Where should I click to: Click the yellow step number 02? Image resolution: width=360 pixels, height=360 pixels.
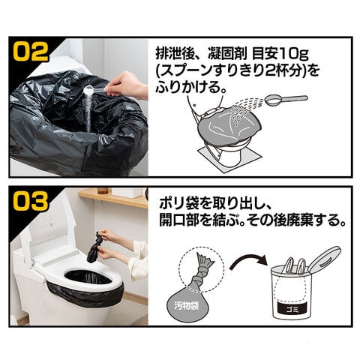[31, 52]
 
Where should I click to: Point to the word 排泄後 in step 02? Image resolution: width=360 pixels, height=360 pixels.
[175, 53]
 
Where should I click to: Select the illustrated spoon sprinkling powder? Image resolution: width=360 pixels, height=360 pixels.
[286, 99]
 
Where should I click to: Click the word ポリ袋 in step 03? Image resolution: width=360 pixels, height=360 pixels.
[179, 203]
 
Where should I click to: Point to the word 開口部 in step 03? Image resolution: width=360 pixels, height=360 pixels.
[179, 220]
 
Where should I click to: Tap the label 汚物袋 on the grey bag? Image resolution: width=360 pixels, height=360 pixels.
[186, 306]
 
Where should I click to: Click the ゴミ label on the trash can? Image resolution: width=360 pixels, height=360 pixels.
[292, 307]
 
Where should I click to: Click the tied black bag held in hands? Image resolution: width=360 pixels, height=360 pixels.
[96, 247]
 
